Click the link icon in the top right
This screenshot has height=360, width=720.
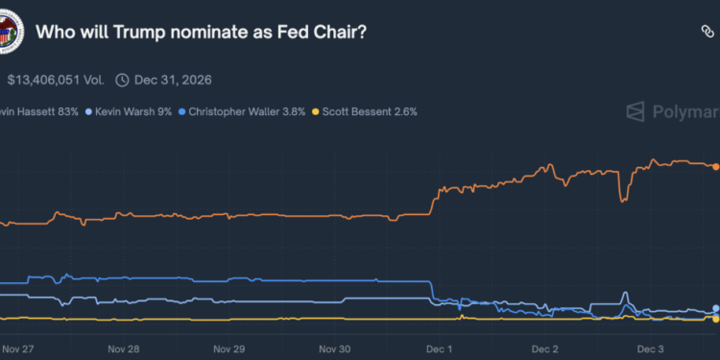point(707,32)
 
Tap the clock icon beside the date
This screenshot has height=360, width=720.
point(122,80)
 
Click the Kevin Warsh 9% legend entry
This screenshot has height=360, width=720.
point(129,111)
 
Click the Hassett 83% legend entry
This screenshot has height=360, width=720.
point(38,111)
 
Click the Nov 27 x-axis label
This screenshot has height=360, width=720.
point(18,349)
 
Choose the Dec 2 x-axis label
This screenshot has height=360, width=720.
point(544,349)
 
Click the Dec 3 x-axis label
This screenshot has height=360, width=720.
point(651,349)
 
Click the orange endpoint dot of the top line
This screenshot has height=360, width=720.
point(715,167)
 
